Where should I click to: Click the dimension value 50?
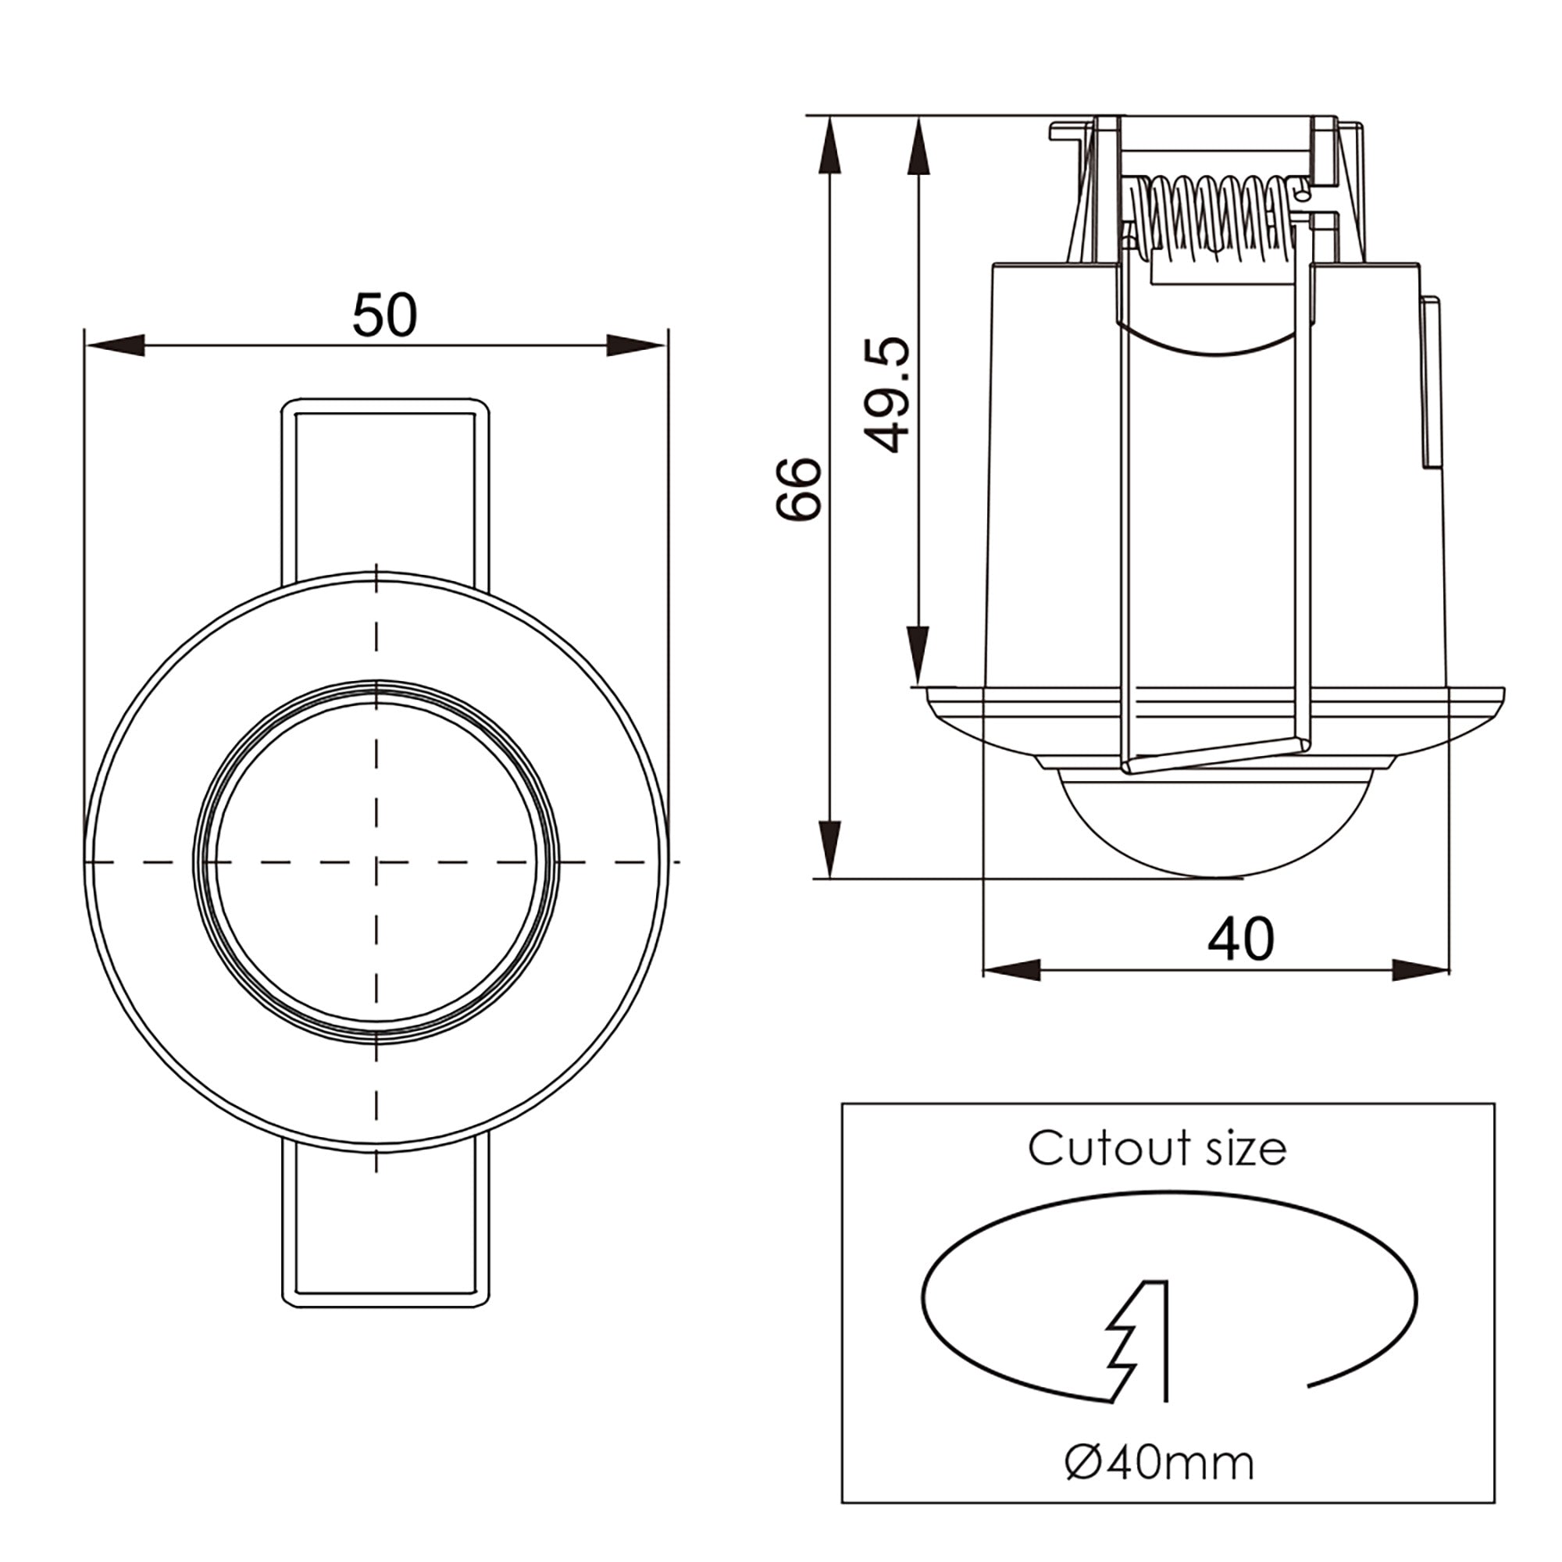385,316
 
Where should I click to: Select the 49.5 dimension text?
887,394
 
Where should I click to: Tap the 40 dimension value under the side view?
1240,940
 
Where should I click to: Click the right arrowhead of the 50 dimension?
636,345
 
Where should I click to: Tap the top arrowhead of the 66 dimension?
829,145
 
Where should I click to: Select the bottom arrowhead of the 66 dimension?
829,847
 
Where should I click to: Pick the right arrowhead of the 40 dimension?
1419,970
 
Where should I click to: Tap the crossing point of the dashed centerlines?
376,862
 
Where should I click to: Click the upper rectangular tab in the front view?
385,485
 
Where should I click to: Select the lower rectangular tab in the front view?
385,1229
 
